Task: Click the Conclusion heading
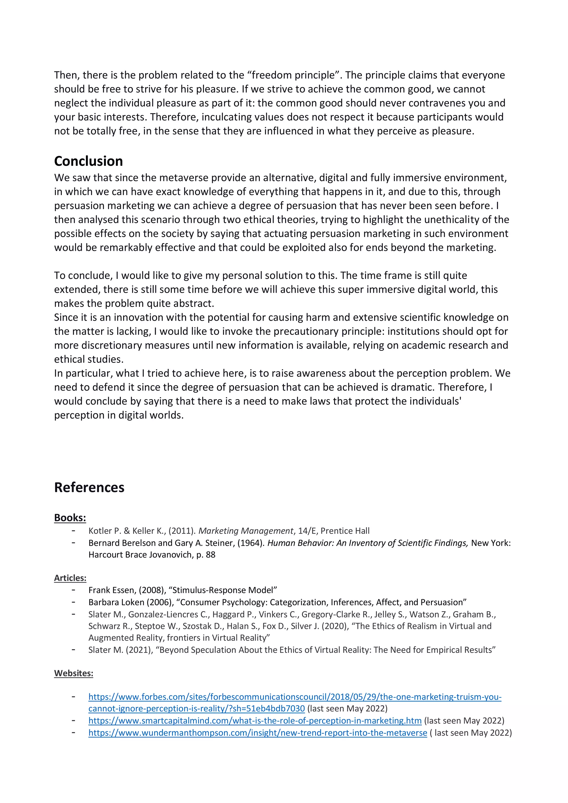pyautogui.click(x=88, y=161)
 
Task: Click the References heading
pyautogui.click(x=89, y=488)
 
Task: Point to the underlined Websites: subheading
pyautogui.click(x=73, y=673)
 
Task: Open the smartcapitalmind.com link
pyautogui.click(x=255, y=720)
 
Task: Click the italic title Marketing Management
pyautogui.click(x=246, y=531)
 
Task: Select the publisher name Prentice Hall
pyautogui.click(x=345, y=531)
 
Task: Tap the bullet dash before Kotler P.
pyautogui.click(x=73, y=531)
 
